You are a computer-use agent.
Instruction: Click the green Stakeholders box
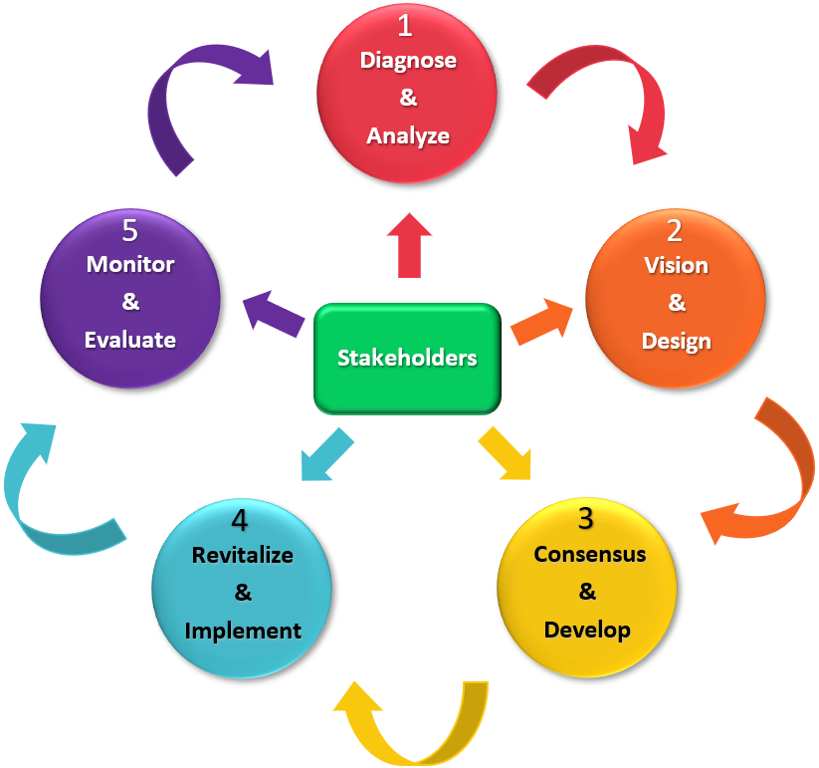point(407,358)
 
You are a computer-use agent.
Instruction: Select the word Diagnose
point(408,61)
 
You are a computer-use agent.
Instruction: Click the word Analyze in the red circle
point(408,135)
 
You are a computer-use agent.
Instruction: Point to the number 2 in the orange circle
point(676,232)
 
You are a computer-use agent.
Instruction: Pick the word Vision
point(676,266)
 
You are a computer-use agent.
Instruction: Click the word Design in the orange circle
point(676,341)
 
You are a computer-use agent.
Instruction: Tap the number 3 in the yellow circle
point(586,519)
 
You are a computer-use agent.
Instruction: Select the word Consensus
point(589,554)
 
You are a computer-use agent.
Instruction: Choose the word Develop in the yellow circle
point(587,630)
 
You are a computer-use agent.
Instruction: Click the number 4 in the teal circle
point(240,520)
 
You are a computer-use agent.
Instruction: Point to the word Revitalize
point(242,555)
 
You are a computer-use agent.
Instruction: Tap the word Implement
point(243,630)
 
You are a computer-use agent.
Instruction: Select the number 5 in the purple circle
point(129,231)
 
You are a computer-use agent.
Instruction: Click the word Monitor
point(130,265)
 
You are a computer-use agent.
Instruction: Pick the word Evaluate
point(130,340)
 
